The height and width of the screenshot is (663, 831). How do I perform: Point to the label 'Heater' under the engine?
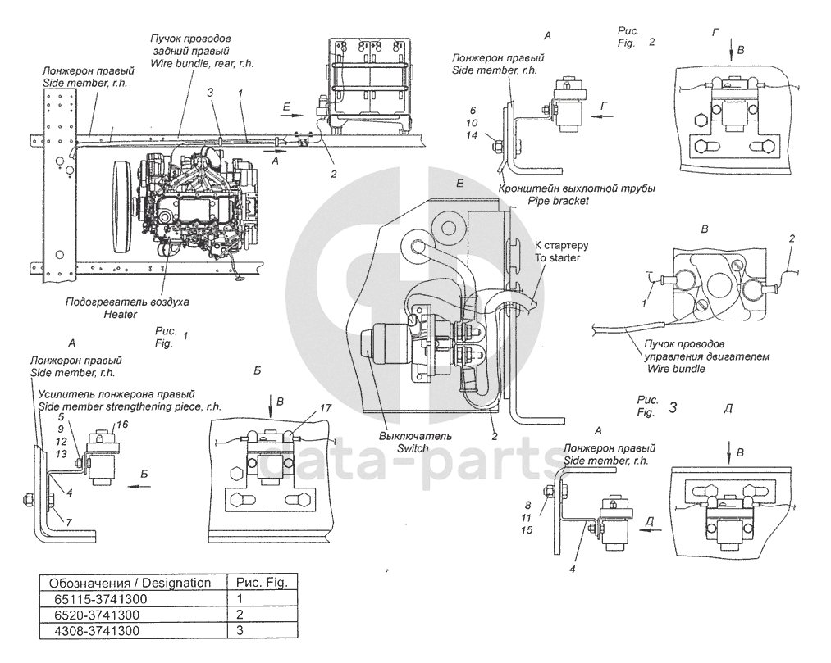(121, 315)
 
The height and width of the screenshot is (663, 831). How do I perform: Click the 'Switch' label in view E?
(413, 448)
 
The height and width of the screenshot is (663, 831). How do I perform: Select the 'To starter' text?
(557, 258)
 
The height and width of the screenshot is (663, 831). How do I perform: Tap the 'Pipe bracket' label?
(558, 201)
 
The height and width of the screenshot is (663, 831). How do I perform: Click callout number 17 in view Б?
(326, 408)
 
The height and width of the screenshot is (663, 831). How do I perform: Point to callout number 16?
(122, 425)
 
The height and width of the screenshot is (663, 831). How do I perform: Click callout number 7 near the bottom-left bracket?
(69, 523)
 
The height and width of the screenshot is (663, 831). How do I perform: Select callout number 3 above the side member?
(210, 93)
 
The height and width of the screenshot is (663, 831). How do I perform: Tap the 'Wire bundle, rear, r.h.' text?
(203, 64)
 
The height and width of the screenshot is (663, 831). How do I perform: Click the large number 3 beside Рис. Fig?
(673, 407)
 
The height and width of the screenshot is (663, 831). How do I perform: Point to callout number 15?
(527, 530)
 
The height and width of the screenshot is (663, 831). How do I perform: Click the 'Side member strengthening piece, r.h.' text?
(130, 406)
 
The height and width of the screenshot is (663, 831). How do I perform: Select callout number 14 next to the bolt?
(472, 135)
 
